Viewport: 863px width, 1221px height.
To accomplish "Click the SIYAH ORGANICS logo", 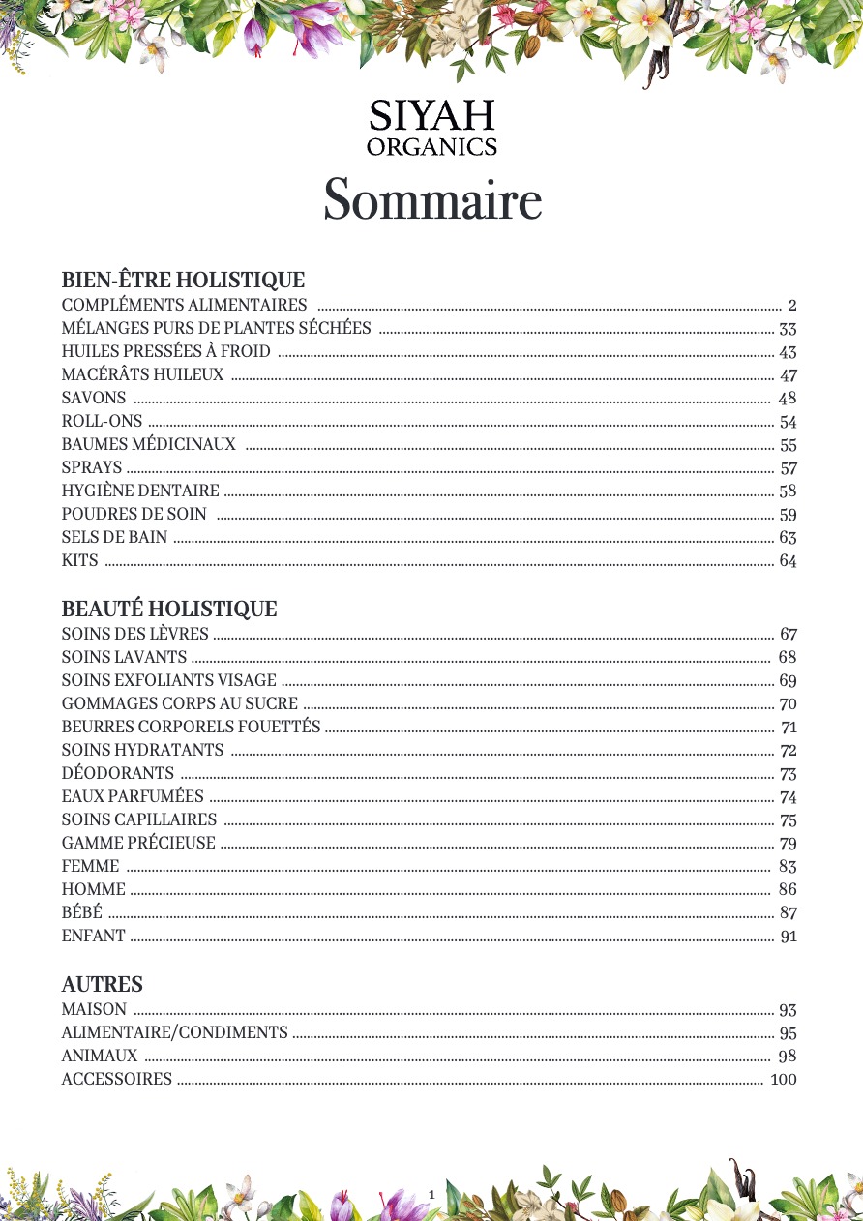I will coord(431,128).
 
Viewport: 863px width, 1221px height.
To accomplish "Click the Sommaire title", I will coord(431,200).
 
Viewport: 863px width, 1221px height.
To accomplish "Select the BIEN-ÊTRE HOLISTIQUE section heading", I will coord(183,281).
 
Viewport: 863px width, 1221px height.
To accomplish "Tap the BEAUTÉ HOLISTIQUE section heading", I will coord(169,610).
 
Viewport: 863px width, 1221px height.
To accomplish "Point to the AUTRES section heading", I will coord(102,985).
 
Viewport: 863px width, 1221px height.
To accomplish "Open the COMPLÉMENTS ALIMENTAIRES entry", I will coord(184,306).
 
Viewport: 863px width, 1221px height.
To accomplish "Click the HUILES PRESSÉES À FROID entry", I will coord(165,352).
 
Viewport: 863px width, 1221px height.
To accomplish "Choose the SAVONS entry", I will coord(94,398).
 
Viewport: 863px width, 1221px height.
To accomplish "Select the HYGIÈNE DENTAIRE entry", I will coord(140,491).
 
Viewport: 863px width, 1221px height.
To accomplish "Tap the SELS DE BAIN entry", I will coord(114,537).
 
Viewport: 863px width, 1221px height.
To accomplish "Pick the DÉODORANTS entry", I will coord(118,773).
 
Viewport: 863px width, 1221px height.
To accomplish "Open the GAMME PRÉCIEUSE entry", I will coord(138,843).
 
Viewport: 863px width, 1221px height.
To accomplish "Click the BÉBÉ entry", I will coord(81,912).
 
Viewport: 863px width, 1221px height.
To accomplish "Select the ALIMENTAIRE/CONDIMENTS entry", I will coord(174,1032).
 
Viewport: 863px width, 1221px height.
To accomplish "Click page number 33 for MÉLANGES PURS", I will coord(788,329).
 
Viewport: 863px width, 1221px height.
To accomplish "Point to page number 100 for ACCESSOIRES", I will coord(783,1079).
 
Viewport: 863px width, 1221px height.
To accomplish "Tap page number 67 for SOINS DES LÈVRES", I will coord(788,635).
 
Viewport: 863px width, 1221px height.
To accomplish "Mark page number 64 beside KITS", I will coord(788,560).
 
